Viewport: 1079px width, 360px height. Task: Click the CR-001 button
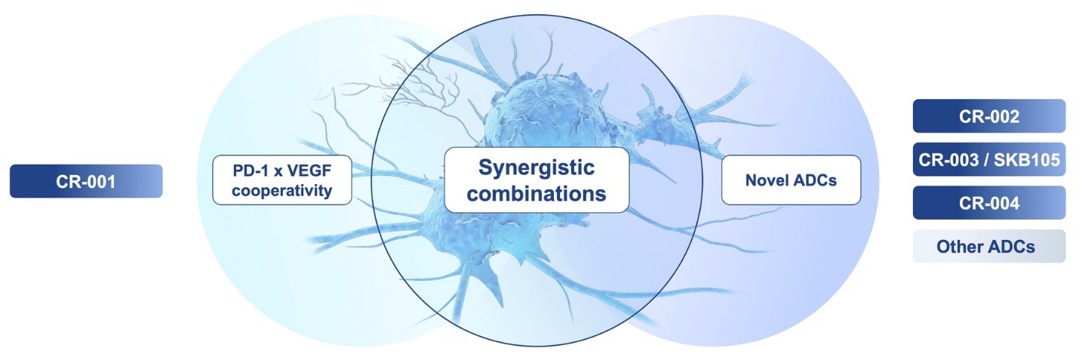86,181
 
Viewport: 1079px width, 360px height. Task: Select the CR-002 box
989,116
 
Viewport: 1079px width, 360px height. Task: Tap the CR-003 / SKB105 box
989,159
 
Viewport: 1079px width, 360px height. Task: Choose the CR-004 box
989,203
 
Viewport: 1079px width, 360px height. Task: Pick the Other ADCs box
989,246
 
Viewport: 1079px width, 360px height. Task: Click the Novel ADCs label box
791,180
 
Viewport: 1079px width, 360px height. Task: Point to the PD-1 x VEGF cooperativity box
282,180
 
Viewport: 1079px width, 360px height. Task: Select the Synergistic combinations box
536,180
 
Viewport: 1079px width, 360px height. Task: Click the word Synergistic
536,168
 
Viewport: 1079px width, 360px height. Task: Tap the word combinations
536,193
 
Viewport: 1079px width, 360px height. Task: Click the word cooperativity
282,191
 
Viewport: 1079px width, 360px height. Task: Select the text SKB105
1027,159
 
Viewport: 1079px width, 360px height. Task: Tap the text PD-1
248,170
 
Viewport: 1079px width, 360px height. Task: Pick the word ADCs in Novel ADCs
815,180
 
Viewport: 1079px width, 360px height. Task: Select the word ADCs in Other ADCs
1009,247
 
